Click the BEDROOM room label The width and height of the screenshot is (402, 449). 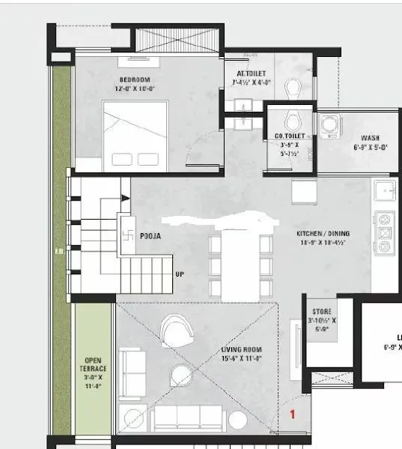(x=135, y=79)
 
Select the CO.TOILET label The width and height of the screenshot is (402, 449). (x=289, y=136)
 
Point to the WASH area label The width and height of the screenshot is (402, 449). (x=370, y=138)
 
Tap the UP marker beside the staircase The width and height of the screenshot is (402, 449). (x=180, y=274)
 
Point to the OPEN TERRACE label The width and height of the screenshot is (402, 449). (x=94, y=369)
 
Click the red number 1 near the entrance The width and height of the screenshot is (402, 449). (x=293, y=413)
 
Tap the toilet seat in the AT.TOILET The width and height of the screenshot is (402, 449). (x=293, y=88)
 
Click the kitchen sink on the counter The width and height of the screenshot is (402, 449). (x=386, y=190)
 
